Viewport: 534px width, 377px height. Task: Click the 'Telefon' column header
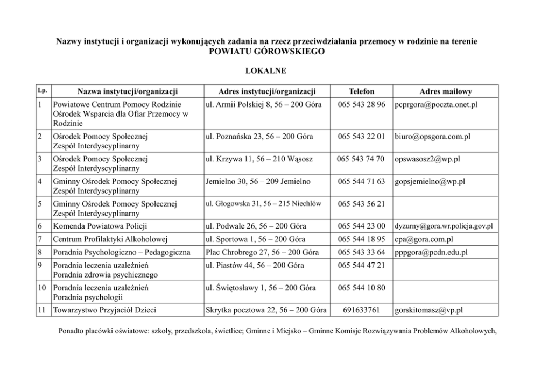pyautogui.click(x=361, y=91)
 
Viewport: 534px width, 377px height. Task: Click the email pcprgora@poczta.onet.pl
pyautogui.click(x=436, y=104)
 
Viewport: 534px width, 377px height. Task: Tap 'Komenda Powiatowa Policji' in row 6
pyautogui.click(x=100, y=226)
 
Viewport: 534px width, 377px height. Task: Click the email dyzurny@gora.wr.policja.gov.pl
pyautogui.click(x=444, y=226)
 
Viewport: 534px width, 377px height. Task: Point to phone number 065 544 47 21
pyautogui.click(x=361, y=265)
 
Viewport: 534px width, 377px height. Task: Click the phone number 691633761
pyautogui.click(x=361, y=310)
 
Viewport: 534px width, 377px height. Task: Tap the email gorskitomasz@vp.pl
pyautogui.click(x=429, y=310)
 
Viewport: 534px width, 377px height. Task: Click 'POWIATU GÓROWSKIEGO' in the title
pyautogui.click(x=267, y=51)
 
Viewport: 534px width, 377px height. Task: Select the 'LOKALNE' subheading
pyautogui.click(x=266, y=70)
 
